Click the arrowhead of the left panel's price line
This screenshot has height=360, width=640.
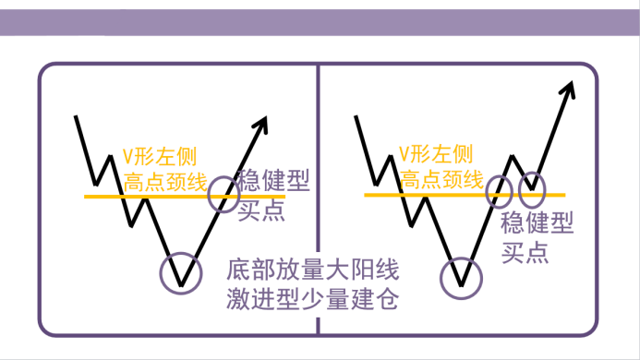click(262, 124)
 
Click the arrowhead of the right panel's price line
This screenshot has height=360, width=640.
click(569, 89)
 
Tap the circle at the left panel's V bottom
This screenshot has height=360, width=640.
click(161, 273)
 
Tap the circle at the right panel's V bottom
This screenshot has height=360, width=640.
click(441, 279)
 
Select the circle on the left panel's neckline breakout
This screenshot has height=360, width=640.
click(208, 194)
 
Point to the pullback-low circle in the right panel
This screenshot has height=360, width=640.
click(519, 190)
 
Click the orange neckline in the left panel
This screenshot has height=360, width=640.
click(185, 197)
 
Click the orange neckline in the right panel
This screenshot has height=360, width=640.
click(465, 195)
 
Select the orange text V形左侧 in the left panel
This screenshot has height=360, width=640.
click(160, 156)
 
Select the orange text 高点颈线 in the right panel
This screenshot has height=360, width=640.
click(441, 180)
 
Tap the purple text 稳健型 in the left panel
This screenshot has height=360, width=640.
click(273, 180)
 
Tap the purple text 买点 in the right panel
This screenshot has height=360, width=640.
click(525, 253)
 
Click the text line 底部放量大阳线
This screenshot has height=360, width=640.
click(313, 269)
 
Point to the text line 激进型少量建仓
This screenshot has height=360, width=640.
click(313, 299)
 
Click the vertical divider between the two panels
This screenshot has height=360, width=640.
click(318, 199)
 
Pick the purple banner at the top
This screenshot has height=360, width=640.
click(320, 22)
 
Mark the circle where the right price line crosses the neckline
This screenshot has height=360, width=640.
click(486, 192)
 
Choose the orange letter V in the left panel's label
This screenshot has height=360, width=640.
click(127, 157)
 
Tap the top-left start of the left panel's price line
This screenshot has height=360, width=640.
click(76, 116)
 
